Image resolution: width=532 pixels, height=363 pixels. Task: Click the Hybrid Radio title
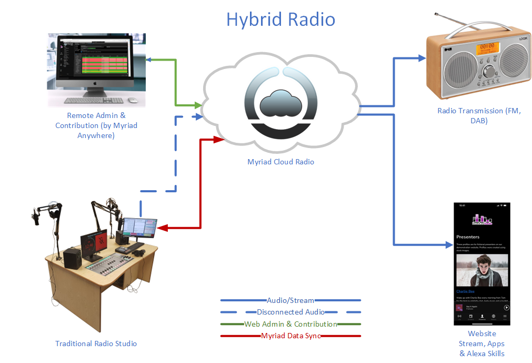point(280,19)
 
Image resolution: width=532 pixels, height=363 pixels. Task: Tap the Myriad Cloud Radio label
point(280,162)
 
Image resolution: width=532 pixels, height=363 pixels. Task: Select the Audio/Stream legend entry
point(290,300)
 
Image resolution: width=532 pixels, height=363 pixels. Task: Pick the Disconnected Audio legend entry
point(290,312)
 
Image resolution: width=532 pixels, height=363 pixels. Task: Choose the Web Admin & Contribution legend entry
point(290,324)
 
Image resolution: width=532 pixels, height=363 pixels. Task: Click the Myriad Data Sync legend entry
point(290,336)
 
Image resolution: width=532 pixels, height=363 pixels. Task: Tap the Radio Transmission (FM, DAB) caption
point(479,115)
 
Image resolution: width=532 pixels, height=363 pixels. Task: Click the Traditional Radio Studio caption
point(96,344)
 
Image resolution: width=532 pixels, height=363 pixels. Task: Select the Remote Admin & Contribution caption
point(96,125)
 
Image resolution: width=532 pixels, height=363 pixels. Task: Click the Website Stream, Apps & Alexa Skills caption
point(481,344)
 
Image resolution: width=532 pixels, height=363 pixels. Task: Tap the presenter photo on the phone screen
point(481,270)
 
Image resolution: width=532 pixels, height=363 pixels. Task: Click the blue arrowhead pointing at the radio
point(421,57)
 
